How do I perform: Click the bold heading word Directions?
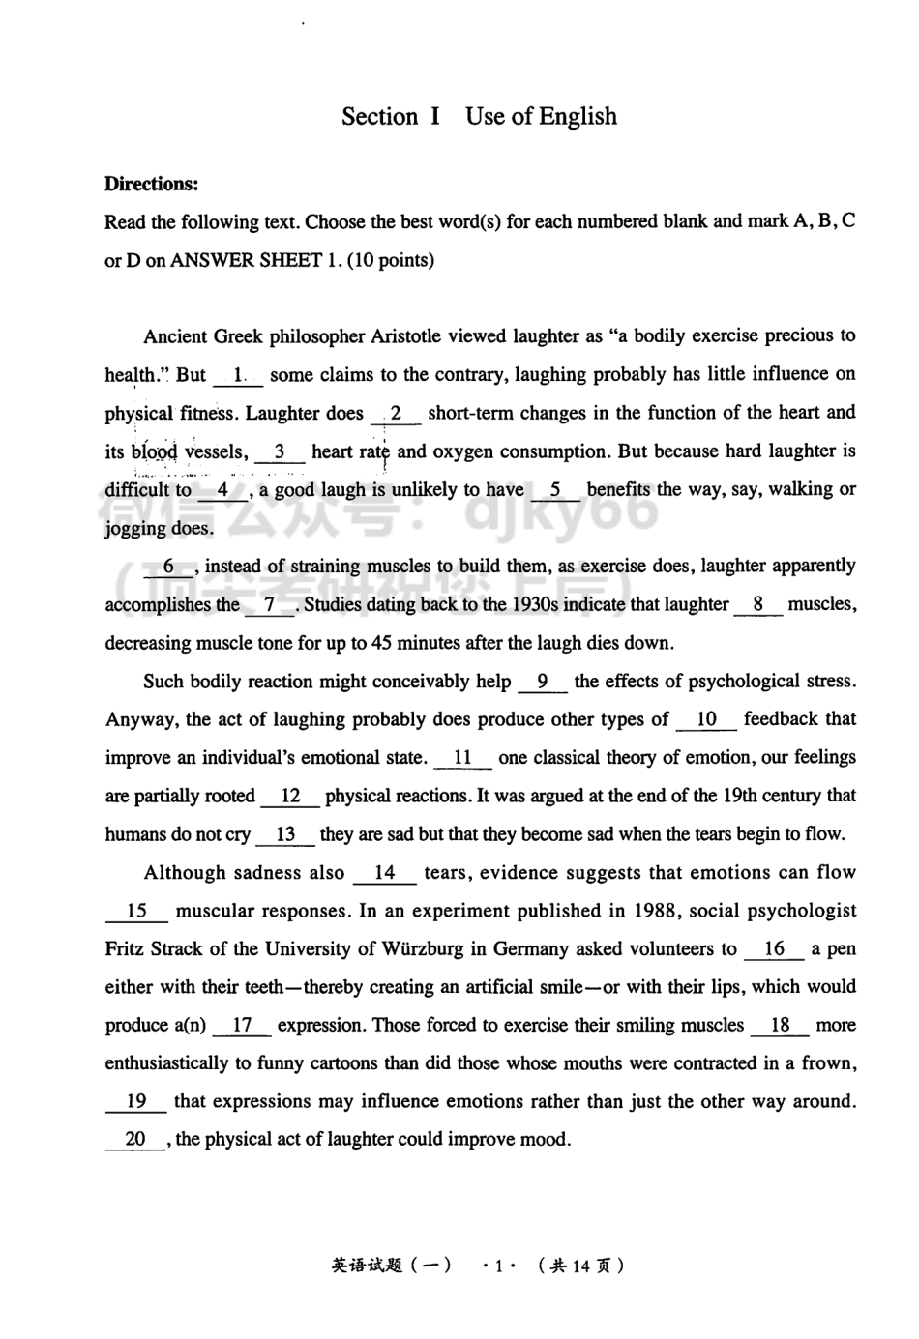[x=151, y=184]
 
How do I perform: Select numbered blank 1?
[x=238, y=375]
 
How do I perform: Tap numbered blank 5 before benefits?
[x=555, y=490]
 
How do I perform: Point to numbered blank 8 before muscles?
[x=758, y=605]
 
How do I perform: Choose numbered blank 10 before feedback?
[x=706, y=719]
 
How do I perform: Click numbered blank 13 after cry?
[x=285, y=834]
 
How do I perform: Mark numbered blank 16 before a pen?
[x=774, y=949]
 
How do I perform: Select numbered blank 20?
[x=135, y=1140]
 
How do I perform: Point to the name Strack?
[x=175, y=949]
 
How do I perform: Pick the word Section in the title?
[x=379, y=117]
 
